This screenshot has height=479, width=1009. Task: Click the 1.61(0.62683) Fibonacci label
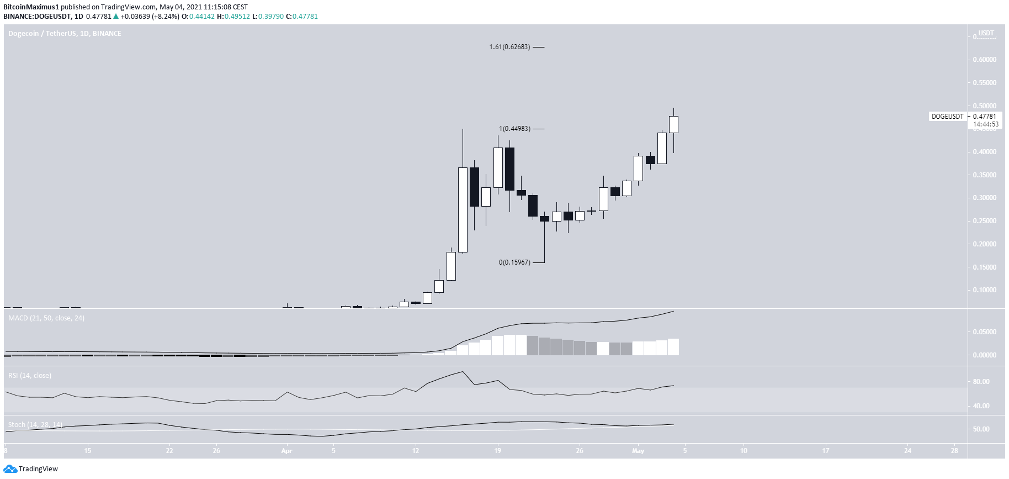click(509, 47)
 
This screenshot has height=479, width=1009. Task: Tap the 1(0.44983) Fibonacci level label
click(514, 129)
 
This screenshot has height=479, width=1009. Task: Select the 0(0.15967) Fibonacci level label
click(514, 262)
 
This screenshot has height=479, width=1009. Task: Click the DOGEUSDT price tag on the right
click(947, 117)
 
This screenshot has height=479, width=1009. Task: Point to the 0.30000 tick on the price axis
click(984, 198)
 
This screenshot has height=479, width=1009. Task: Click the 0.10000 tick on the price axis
click(984, 290)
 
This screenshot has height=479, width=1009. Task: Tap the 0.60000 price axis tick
click(984, 60)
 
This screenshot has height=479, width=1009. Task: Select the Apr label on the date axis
click(286, 451)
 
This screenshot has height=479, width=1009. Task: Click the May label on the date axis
click(638, 451)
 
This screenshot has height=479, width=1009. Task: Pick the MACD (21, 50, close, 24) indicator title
click(46, 318)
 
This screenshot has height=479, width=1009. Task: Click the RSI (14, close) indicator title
click(30, 376)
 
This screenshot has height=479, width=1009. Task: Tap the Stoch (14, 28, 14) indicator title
click(35, 425)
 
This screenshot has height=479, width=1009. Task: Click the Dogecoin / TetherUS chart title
click(65, 34)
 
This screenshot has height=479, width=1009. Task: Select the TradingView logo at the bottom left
click(31, 469)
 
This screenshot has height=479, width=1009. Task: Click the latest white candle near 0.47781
click(673, 124)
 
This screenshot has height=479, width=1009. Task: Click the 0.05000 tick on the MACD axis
click(984, 332)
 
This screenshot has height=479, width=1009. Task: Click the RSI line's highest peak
click(463, 371)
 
